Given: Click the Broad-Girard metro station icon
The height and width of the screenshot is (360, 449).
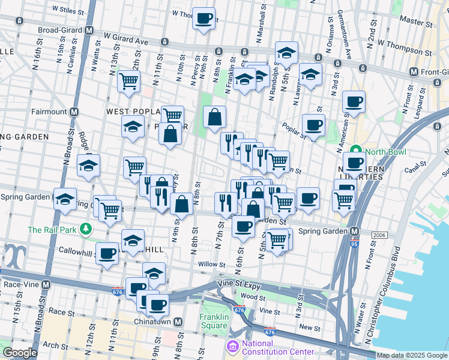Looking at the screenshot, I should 89,30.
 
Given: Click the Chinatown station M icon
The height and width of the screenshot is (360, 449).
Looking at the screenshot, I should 178,322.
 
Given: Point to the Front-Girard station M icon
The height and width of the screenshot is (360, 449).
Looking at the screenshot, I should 413,72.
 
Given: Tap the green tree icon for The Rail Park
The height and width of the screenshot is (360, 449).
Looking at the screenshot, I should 86,229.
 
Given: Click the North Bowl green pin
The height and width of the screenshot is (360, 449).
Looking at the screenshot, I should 355,150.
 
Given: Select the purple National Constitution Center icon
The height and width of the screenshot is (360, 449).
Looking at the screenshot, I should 232,346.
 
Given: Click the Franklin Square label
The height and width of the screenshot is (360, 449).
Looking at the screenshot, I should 214,321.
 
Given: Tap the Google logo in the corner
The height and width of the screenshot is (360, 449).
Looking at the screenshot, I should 20,353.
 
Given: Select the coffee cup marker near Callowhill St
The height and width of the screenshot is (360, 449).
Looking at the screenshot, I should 107,253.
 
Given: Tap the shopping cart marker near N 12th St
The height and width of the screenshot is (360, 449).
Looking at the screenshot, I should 128,80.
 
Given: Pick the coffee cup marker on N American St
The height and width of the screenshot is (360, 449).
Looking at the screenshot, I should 354,101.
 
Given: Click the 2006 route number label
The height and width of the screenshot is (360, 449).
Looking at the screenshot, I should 378,235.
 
